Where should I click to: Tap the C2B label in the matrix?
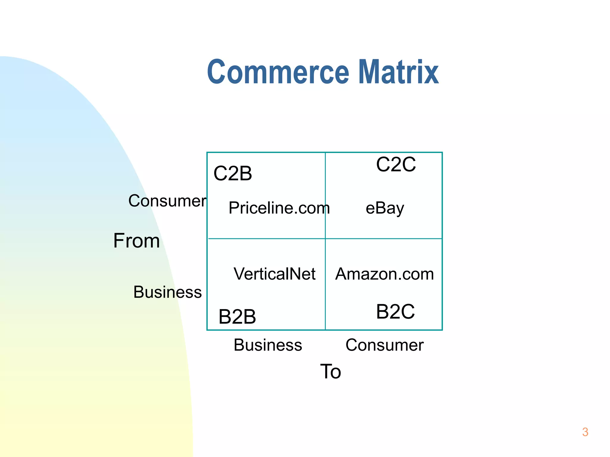[x=233, y=173]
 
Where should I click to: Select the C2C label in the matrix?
[x=396, y=164]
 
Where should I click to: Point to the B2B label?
[x=237, y=317]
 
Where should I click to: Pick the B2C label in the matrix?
[x=395, y=312]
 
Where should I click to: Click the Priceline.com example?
[x=279, y=208]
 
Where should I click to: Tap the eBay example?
[x=385, y=208]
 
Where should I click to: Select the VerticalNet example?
[x=274, y=274]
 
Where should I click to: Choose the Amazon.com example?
[x=385, y=274]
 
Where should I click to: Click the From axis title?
[x=136, y=241]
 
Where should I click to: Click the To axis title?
[x=330, y=371]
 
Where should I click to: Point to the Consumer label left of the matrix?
[x=167, y=201]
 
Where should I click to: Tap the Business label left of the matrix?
[x=167, y=292]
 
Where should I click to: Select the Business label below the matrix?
[x=268, y=345]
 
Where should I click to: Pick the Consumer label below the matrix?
[x=385, y=345]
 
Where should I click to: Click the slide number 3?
[x=585, y=432]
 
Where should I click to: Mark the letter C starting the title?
[x=217, y=72]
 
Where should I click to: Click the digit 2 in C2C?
[x=396, y=164]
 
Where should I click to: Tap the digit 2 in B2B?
[x=237, y=317]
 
